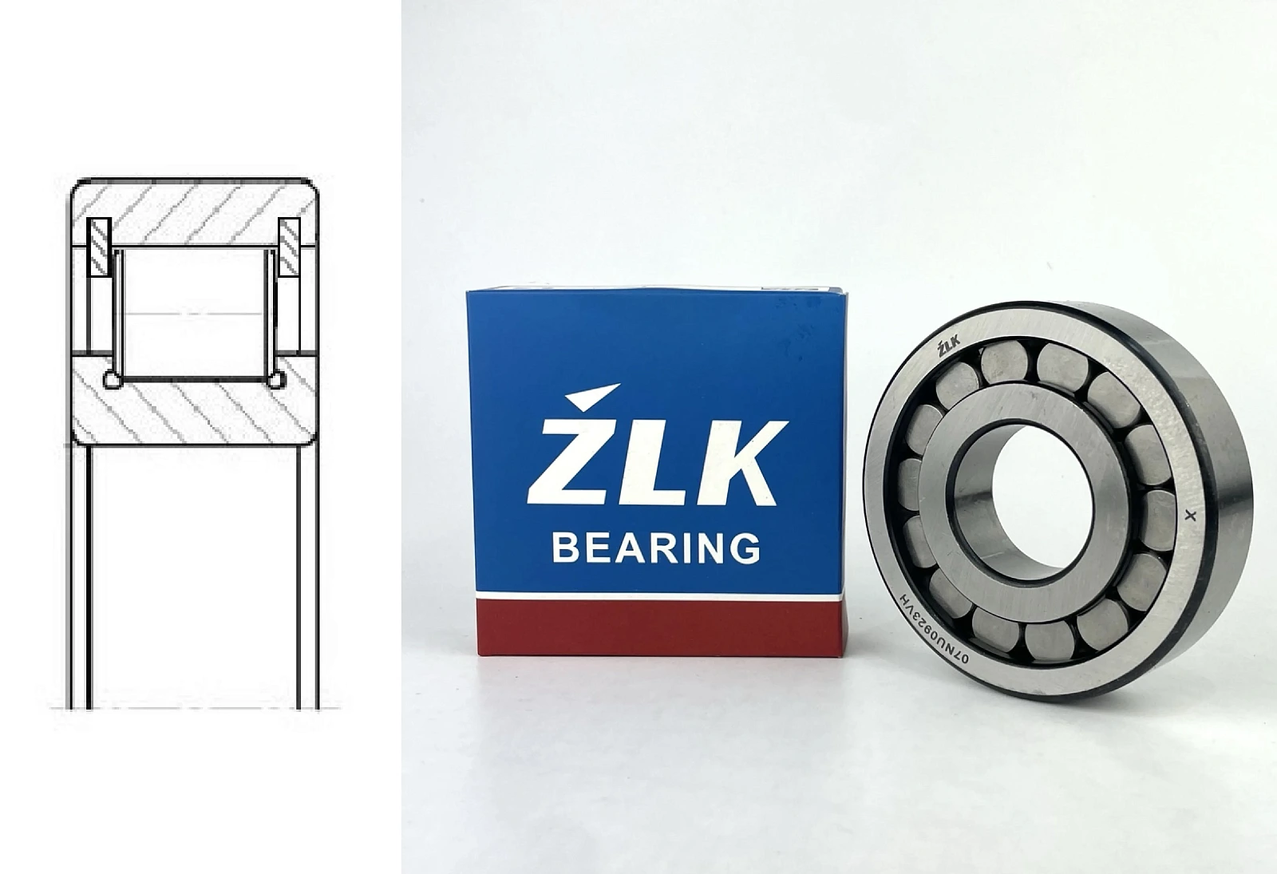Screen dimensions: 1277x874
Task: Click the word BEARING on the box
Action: click(x=656, y=548)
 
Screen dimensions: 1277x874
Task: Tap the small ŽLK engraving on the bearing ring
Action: click(x=949, y=347)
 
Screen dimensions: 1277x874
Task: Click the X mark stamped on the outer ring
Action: click(x=1190, y=516)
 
